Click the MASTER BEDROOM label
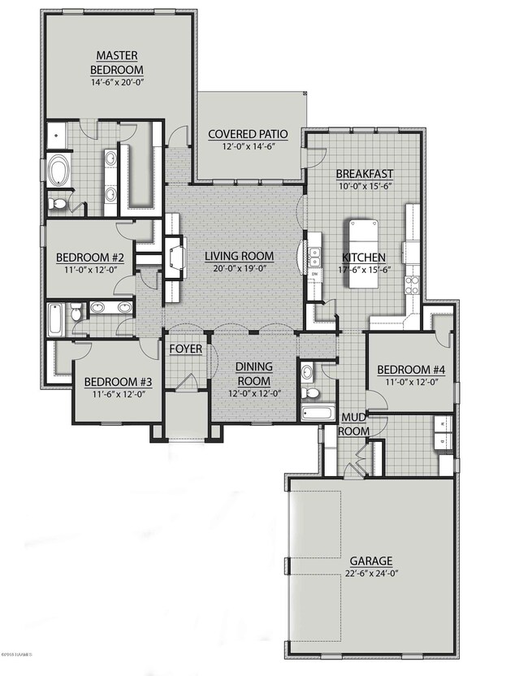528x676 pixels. (x=117, y=62)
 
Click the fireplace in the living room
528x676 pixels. (x=173, y=258)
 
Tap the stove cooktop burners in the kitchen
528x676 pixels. (x=413, y=285)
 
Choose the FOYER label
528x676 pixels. (x=185, y=349)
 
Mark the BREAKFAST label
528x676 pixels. (x=365, y=173)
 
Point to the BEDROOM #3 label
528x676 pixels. (x=114, y=382)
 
